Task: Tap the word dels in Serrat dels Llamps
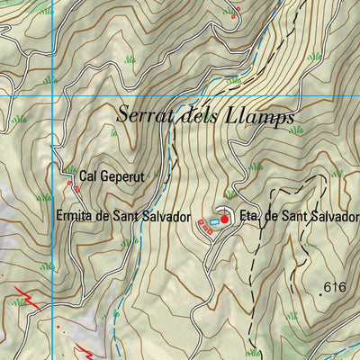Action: pos(203,115)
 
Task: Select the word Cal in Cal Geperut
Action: pos(88,177)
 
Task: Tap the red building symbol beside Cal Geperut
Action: pos(69,185)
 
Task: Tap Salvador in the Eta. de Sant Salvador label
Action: pos(335,217)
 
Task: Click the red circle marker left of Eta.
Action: pos(224,218)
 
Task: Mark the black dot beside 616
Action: pos(320,291)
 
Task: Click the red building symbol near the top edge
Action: pos(237,13)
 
